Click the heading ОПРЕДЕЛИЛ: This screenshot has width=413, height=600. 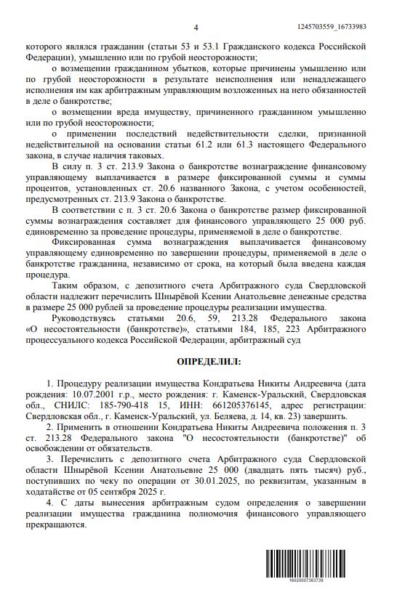click(206, 360)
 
